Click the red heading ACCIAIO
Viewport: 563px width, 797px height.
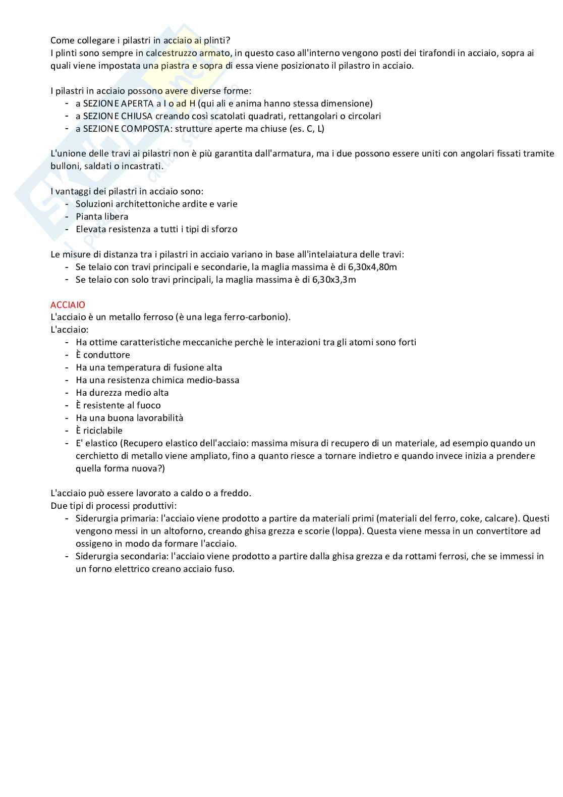68,305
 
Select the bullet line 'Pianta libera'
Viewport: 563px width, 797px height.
102,217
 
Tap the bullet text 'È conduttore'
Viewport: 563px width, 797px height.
102,355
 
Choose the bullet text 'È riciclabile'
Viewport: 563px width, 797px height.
99,431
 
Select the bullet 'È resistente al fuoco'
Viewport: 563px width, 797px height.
118,405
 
